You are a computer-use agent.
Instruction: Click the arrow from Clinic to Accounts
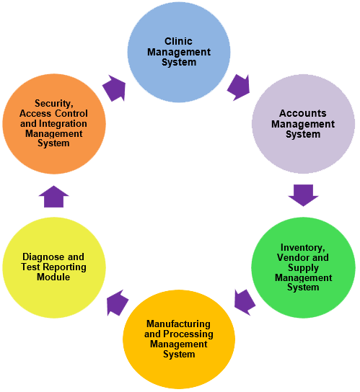pyautogui.click(x=238, y=86)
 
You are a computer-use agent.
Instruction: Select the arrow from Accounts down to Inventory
pyautogui.click(x=303, y=195)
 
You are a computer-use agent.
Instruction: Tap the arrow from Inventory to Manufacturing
pyautogui.click(x=245, y=302)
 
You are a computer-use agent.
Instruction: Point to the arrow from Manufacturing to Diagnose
pyautogui.click(x=117, y=303)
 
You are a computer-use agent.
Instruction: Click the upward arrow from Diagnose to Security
pyautogui.click(x=55, y=196)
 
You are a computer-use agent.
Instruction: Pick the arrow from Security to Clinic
pyautogui.click(x=114, y=88)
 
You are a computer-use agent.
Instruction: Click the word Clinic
pyautogui.click(x=178, y=42)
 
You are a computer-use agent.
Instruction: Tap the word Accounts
pyautogui.click(x=303, y=114)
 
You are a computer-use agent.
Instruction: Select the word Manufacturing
pyautogui.click(x=178, y=324)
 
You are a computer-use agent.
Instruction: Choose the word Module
pyautogui.click(x=54, y=277)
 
